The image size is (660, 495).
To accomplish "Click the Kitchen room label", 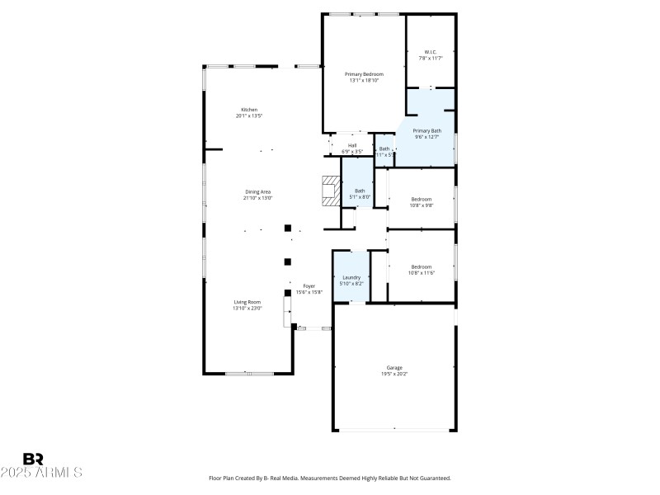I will pyautogui.click(x=249, y=110).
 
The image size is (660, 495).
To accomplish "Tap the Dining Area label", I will pyautogui.click(x=258, y=191).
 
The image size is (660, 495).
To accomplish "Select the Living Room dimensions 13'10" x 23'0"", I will pyautogui.click(x=247, y=309).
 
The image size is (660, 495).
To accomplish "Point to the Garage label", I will pyautogui.click(x=394, y=367).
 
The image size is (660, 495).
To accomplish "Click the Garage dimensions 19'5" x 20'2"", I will pyautogui.click(x=394, y=374).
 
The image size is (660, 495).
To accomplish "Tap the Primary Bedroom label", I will pyautogui.click(x=364, y=74).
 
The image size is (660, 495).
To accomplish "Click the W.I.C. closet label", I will pyautogui.click(x=431, y=52).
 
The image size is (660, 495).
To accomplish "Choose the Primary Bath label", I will pyautogui.click(x=427, y=130).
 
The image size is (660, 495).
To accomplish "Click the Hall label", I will pyautogui.click(x=352, y=145).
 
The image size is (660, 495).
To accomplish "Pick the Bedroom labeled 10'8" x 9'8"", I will pyautogui.click(x=422, y=201).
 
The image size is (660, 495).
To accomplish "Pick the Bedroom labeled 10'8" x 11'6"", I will pyautogui.click(x=422, y=269).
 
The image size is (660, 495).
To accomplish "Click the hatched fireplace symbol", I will pyautogui.click(x=331, y=191).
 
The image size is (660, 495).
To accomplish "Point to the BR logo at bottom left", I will pyautogui.click(x=33, y=459).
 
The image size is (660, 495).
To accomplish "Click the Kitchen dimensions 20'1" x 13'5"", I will pyautogui.click(x=249, y=116).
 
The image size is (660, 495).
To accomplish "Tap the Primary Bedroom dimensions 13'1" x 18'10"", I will pyautogui.click(x=364, y=81).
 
